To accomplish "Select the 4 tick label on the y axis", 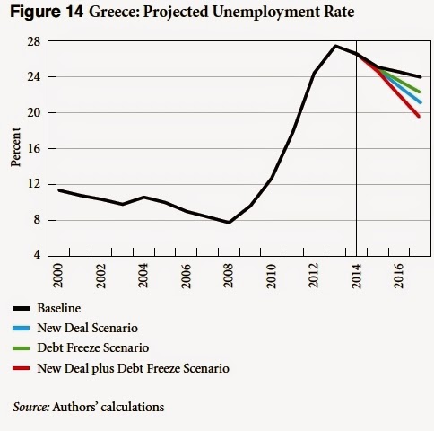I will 36,256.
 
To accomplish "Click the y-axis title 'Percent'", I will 16,149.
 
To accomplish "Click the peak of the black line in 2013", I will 335,46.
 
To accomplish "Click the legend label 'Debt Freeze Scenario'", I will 93,347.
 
